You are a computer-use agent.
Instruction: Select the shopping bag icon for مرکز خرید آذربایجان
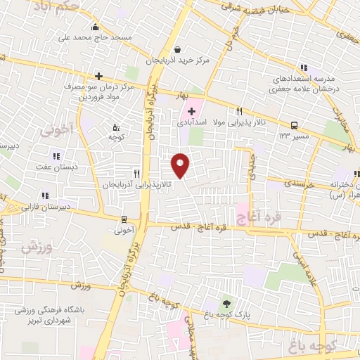[x=176, y=49]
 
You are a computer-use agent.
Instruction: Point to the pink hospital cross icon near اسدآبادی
[x=191, y=112]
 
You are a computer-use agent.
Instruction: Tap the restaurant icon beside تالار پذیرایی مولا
[x=239, y=111]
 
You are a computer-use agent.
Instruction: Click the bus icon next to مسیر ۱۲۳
[x=294, y=123]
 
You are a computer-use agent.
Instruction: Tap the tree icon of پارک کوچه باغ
[x=226, y=304]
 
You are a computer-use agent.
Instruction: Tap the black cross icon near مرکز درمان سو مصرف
[x=98, y=76]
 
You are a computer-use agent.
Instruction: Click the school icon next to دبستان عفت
[x=56, y=156]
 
